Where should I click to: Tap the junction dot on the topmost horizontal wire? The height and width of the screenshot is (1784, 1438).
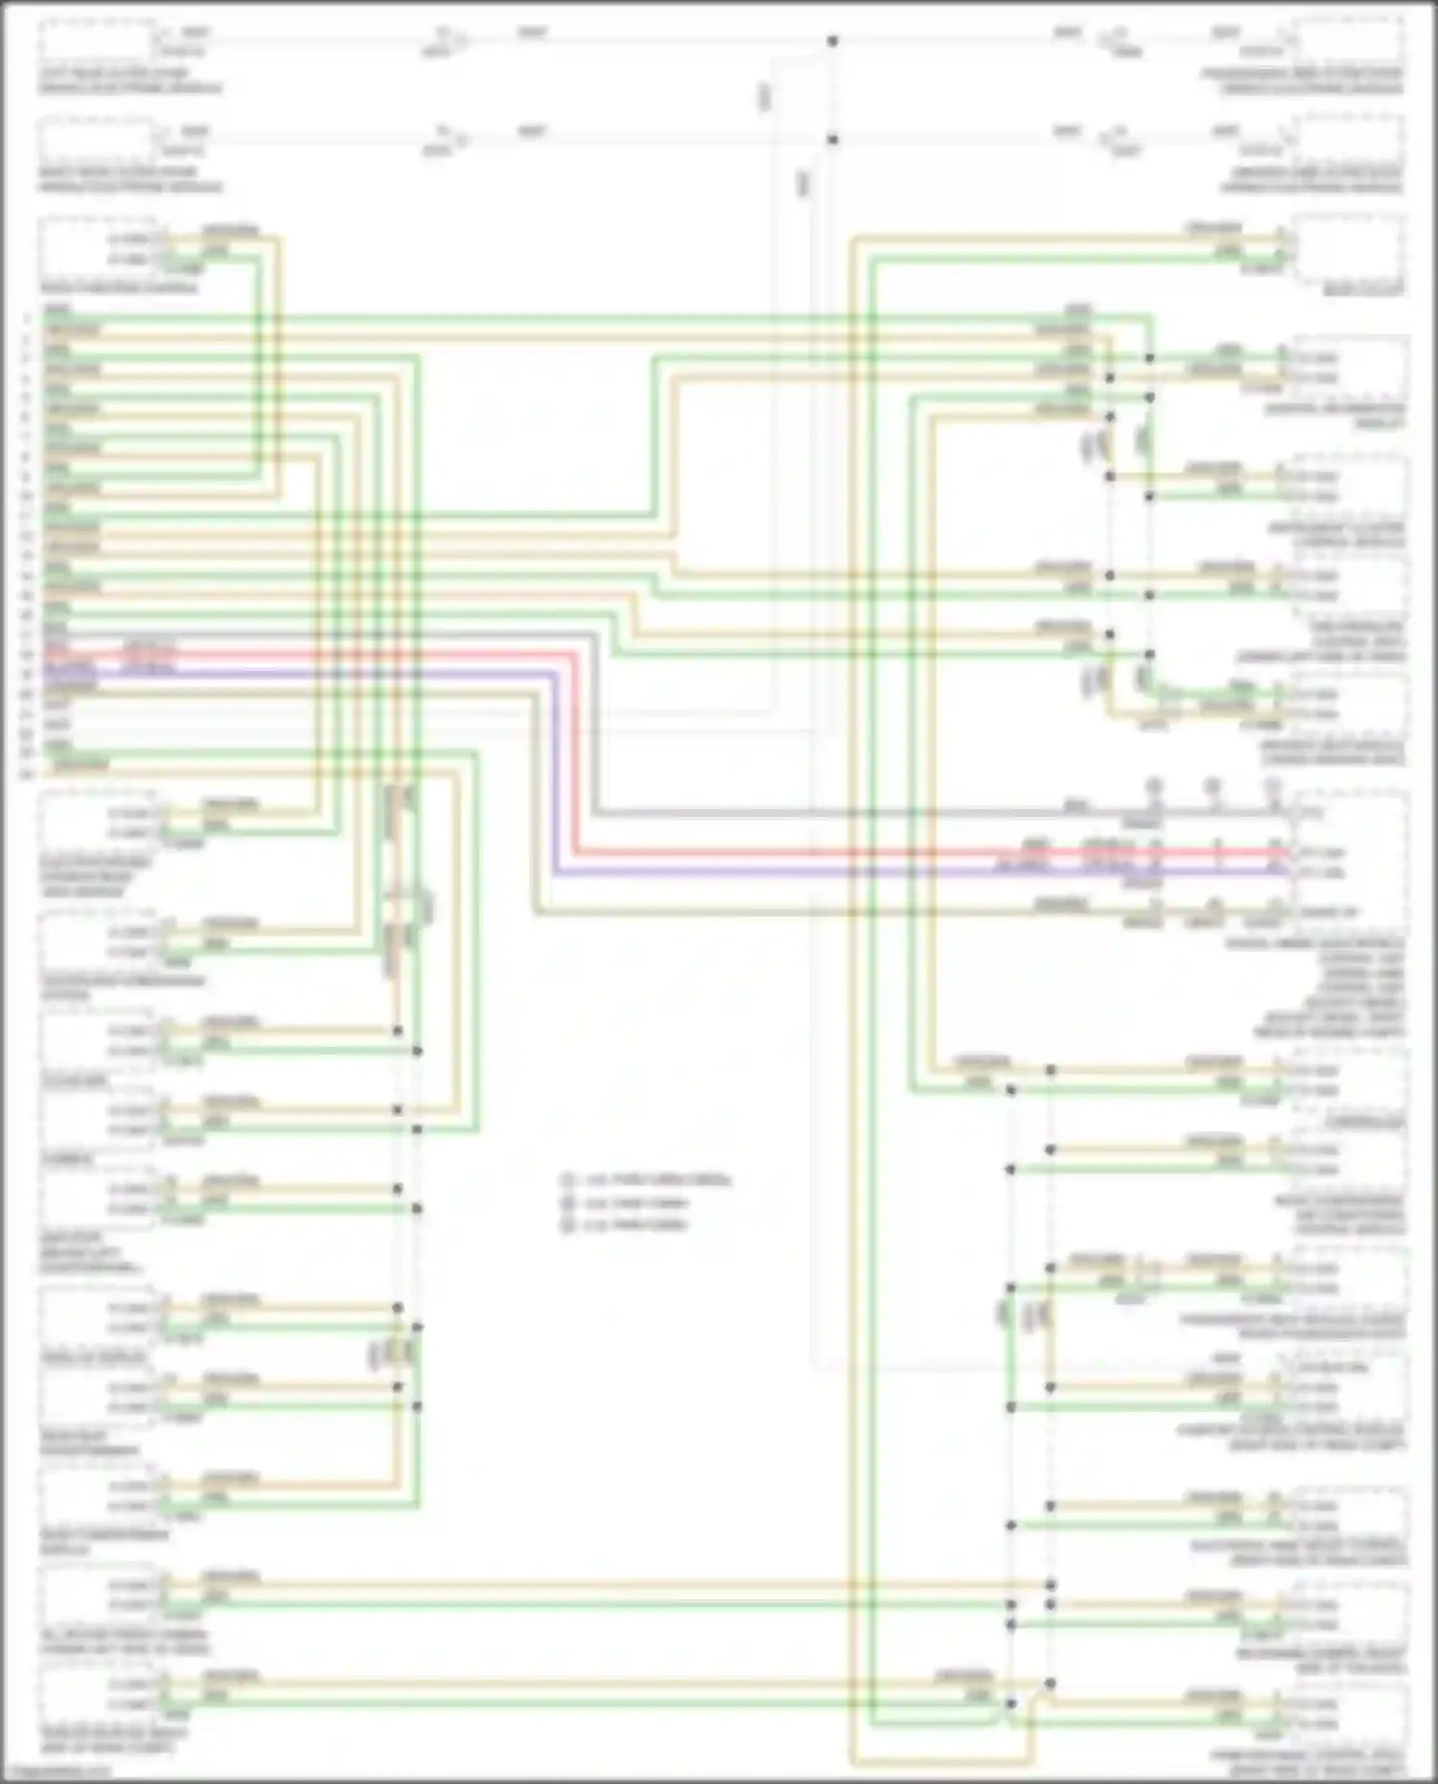(832, 41)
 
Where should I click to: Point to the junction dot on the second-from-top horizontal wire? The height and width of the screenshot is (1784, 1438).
(832, 140)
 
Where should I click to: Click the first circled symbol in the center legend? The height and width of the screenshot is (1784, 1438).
(568, 1180)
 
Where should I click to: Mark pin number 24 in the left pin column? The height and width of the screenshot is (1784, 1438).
(27, 773)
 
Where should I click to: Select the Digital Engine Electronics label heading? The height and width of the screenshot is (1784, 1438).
(1313, 944)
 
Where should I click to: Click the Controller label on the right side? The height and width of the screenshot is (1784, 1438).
(1365, 1123)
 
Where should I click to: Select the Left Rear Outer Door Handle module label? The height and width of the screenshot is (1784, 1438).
(129, 81)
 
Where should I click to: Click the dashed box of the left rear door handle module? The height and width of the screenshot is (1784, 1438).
(96, 42)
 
